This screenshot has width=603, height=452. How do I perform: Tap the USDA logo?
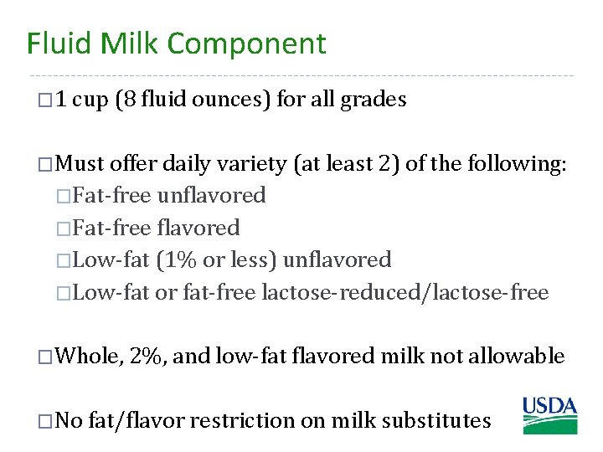(550, 416)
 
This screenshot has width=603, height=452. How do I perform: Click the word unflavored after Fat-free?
(211, 195)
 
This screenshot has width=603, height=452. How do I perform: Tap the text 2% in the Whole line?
(148, 356)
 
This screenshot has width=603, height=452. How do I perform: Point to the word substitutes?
(435, 420)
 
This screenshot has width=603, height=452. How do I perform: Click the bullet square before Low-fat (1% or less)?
(64, 261)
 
